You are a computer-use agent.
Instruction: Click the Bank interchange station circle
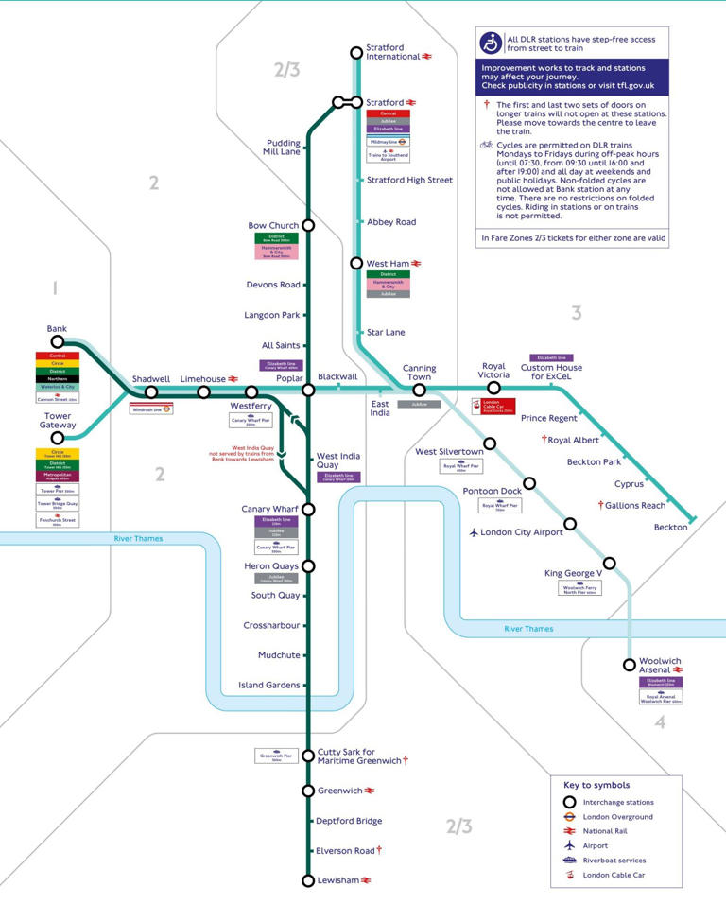tap(58, 342)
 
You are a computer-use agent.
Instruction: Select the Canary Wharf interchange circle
tap(307, 510)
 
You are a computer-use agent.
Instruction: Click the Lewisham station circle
tap(307, 880)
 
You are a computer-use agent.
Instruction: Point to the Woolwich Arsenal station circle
tap(630, 665)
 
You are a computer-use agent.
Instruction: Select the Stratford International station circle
tap(356, 52)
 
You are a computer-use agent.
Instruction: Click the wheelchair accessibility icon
tap(491, 43)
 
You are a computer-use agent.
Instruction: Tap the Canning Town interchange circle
tap(419, 390)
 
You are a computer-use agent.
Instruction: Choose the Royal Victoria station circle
tap(493, 388)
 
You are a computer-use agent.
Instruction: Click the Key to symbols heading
tap(596, 785)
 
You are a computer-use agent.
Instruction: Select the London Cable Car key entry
tap(620, 875)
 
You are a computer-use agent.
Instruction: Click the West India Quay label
tap(339, 461)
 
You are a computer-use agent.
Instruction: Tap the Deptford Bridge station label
tap(348, 821)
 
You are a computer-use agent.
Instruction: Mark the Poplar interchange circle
tap(307, 390)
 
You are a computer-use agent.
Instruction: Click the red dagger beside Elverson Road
tap(379, 850)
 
